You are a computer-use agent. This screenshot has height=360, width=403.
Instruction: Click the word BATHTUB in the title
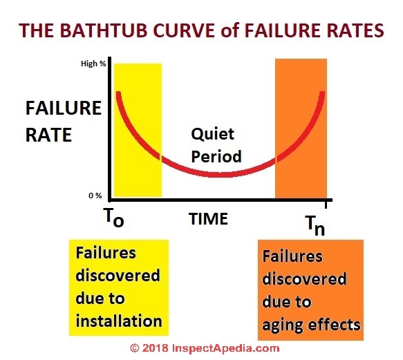(x=104, y=30)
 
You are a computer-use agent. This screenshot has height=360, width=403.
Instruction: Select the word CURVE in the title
(x=185, y=30)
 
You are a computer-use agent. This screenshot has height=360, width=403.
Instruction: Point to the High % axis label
(x=93, y=64)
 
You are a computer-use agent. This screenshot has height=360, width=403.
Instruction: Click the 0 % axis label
(x=95, y=196)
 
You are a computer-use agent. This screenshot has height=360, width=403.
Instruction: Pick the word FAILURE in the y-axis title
(x=64, y=108)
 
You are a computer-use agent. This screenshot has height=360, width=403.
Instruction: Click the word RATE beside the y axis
(x=48, y=135)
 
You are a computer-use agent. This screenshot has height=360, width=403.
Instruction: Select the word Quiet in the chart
(x=212, y=134)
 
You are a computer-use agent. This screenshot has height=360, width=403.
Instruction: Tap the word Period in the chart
(x=216, y=156)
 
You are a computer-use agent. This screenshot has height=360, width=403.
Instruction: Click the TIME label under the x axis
(x=209, y=219)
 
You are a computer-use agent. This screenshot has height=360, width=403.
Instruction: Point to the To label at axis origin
(x=114, y=218)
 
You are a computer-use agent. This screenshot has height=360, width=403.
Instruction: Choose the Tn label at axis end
(x=315, y=226)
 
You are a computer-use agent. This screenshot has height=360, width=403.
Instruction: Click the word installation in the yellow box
(x=119, y=321)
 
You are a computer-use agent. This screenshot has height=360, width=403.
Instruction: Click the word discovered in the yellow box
(x=118, y=276)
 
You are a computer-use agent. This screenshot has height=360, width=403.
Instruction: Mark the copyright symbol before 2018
(x=135, y=348)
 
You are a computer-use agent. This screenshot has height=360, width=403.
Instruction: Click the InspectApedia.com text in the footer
(x=225, y=349)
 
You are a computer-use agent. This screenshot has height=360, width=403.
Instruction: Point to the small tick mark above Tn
(x=326, y=205)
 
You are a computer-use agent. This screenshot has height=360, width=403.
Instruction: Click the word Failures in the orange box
(x=292, y=256)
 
